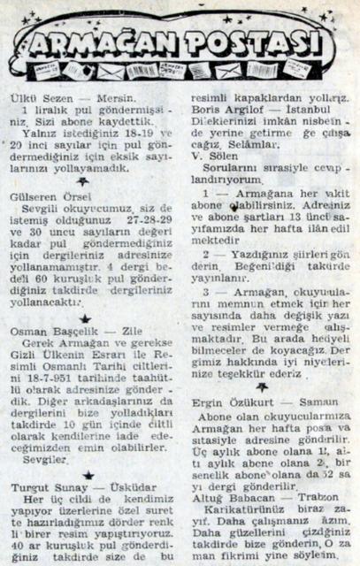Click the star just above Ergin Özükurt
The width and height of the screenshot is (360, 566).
coord(263,386)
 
